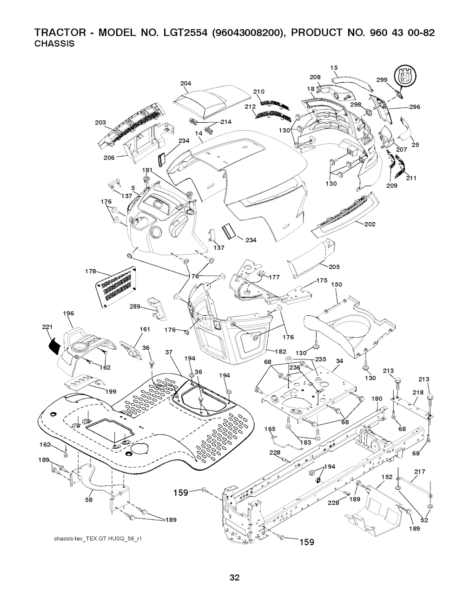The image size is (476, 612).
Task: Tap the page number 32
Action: tap(234, 591)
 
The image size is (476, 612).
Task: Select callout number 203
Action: tap(100, 122)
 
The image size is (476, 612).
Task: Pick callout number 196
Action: tap(68, 313)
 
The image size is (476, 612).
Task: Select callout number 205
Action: tap(334, 266)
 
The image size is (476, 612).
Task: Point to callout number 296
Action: tap(415, 107)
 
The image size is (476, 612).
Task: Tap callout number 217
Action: tap(419, 472)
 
